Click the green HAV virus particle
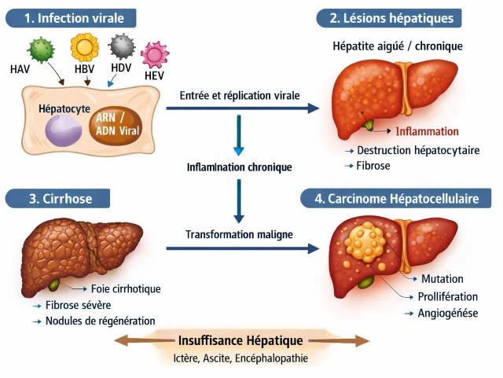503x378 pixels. [42, 50]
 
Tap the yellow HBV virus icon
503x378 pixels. [83, 47]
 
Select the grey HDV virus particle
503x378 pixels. [121, 47]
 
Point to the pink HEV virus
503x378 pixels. [155, 56]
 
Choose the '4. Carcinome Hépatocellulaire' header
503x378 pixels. [397, 199]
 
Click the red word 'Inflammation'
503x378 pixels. [428, 131]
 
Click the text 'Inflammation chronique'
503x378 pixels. [239, 167]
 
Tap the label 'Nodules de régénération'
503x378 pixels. [100, 321]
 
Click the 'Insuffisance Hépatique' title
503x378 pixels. [240, 341]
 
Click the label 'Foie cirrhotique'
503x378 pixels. [126, 288]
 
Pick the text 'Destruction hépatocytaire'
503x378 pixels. [417, 150]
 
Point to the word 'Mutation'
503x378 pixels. [442, 279]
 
